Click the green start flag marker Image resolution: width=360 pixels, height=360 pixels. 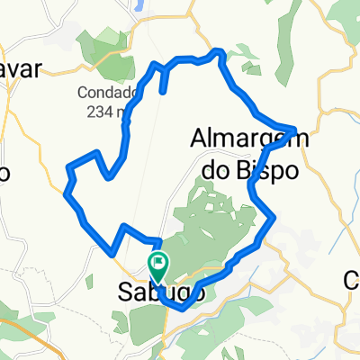[157, 265]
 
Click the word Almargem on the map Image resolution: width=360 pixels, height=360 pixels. [238, 139]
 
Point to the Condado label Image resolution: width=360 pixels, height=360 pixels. [107, 92]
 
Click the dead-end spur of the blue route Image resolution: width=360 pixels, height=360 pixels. [163, 90]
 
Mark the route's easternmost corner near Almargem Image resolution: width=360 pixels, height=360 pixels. [293, 127]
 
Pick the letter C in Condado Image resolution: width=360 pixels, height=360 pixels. [83, 92]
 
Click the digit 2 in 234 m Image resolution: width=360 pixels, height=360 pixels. [90, 111]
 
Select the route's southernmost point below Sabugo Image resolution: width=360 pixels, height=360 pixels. [183, 307]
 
